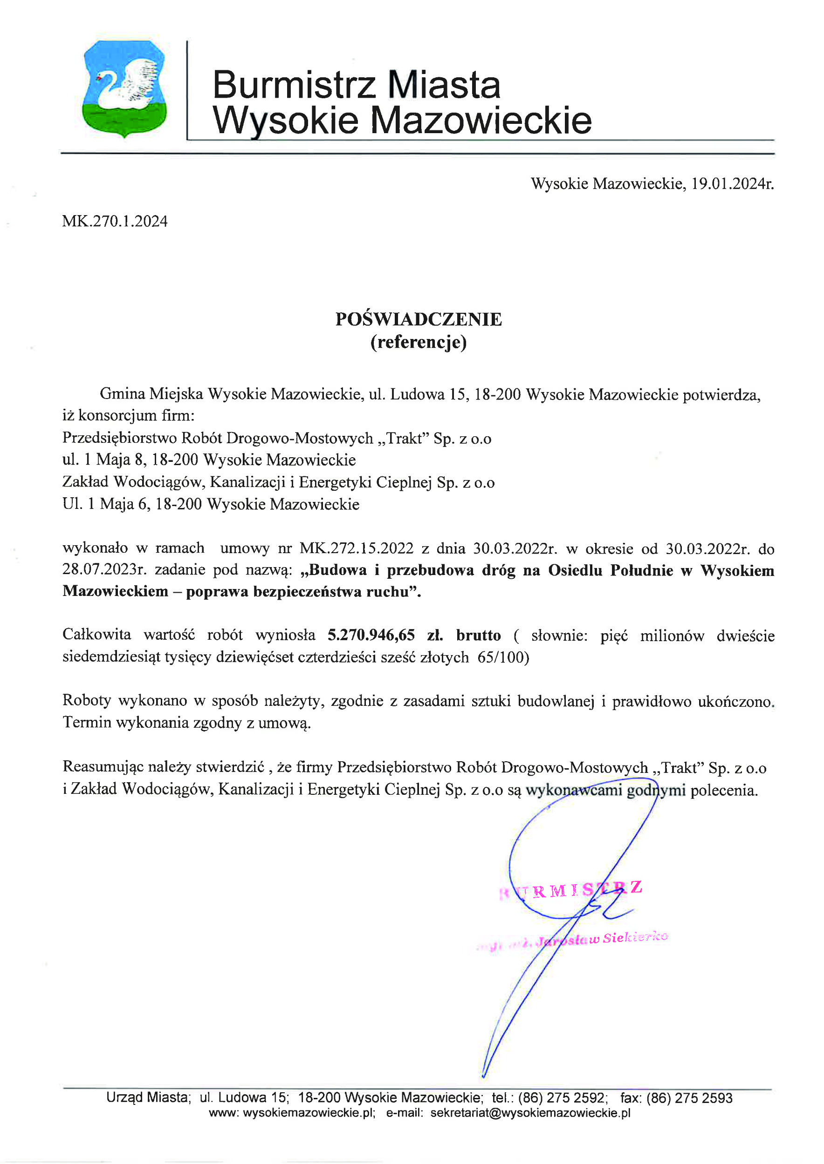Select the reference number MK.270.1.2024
[x=115, y=222]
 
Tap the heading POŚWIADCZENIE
[x=418, y=319]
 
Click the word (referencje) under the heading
[x=418, y=343]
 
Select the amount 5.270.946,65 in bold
[x=371, y=635]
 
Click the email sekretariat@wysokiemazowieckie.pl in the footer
[x=530, y=1113]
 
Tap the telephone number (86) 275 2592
[x=562, y=1098]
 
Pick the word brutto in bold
[x=478, y=635]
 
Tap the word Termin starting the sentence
[x=87, y=723]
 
